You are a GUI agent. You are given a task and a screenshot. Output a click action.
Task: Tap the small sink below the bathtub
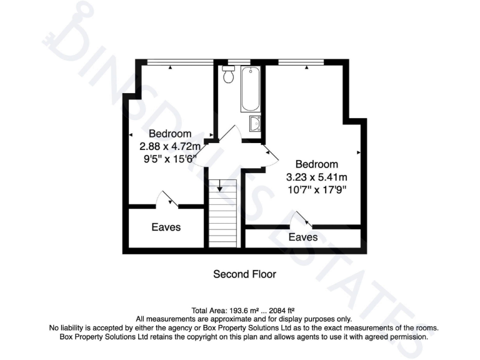pyautogui.click(x=254, y=124)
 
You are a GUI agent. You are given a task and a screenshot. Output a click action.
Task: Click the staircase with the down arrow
pyautogui.click(x=222, y=212)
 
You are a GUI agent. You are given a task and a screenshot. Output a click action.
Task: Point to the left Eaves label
pyautogui.click(x=166, y=227)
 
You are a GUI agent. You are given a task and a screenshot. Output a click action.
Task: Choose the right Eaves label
pyautogui.click(x=303, y=237)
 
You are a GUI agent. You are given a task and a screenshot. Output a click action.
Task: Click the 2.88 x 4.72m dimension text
pyautogui.click(x=169, y=146)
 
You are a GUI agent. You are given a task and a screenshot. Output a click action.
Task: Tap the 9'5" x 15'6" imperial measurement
pyautogui.click(x=169, y=159)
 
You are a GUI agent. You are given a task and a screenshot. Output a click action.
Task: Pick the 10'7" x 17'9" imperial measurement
pyautogui.click(x=316, y=189)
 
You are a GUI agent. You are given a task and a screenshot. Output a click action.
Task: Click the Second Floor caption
pyautogui.click(x=244, y=274)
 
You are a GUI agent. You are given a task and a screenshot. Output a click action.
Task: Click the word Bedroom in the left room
pyautogui.click(x=169, y=133)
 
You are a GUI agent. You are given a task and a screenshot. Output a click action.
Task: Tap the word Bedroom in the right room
pyautogui.click(x=316, y=164)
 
